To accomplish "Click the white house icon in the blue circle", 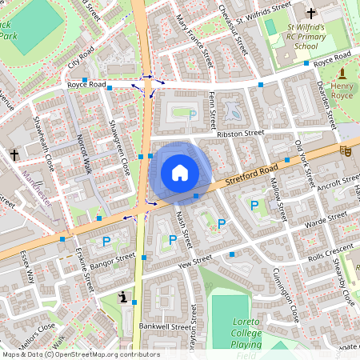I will tap(180, 172).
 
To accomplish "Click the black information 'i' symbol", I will tap(122, 297).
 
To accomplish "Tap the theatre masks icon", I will tap(346, 150).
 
